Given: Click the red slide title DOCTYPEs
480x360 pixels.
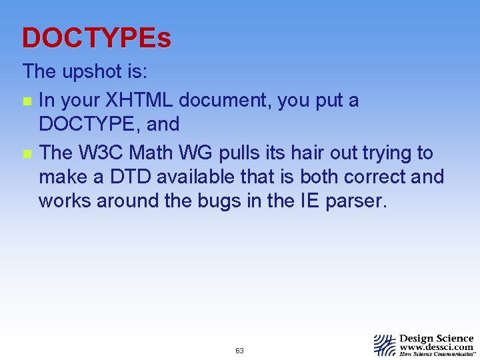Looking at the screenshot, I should (x=97, y=39).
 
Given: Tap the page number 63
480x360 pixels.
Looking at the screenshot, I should (x=240, y=351).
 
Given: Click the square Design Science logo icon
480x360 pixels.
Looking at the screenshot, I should (x=385, y=345).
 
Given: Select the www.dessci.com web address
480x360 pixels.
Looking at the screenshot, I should (x=436, y=347).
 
